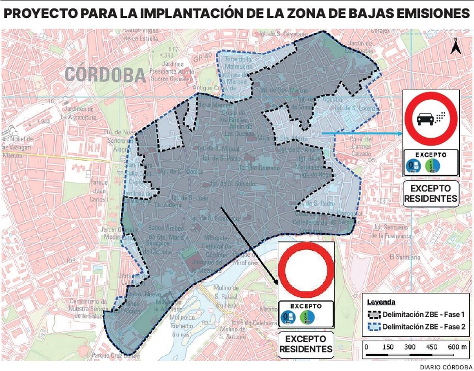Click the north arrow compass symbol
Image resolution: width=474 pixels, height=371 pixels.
point(455,47)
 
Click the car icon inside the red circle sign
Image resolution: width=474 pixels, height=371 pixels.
point(424,118)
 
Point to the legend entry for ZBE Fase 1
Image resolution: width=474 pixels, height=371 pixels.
point(418,315)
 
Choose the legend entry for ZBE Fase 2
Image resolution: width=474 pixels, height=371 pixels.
point(418,327)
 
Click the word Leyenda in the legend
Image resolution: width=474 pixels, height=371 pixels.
point(381,302)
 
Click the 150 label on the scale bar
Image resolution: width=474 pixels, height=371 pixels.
point(388,347)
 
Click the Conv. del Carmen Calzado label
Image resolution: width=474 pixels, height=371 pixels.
point(361,146)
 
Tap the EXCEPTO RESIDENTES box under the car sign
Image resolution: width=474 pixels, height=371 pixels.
point(431,193)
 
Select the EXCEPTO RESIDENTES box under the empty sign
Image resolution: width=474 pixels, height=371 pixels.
point(306,344)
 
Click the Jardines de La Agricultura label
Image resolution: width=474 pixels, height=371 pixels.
point(79,114)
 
